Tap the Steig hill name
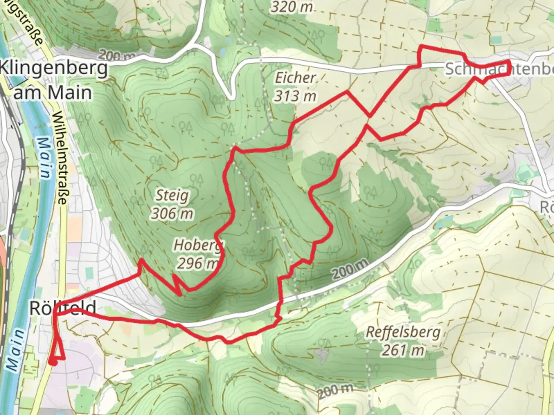click(172, 196)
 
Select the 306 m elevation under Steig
click(172, 213)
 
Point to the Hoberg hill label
click(198, 245)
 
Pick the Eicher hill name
click(295, 78)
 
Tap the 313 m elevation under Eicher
click(295, 96)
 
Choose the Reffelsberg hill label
click(403, 332)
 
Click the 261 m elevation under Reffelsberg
click(403, 350)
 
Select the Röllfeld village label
click(63, 308)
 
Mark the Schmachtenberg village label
click(499, 70)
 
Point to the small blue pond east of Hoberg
click(441, 222)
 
